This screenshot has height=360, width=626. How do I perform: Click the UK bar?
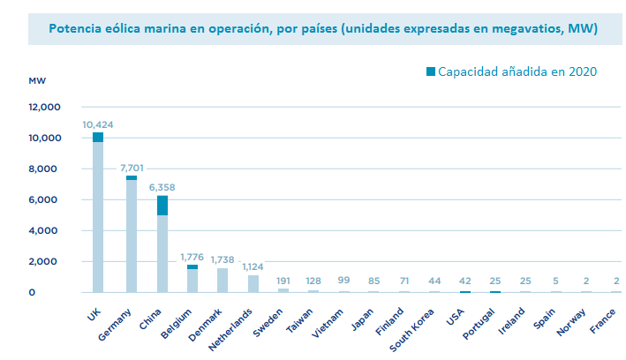[98, 216]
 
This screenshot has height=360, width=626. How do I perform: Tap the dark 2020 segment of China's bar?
[162, 205]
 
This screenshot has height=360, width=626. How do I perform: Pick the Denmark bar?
[222, 280]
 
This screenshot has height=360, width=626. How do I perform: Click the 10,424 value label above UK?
[98, 124]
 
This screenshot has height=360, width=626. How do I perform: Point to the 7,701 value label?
[131, 167]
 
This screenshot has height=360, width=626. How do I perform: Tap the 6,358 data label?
[162, 187]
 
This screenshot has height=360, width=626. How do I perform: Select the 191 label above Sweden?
[283, 280]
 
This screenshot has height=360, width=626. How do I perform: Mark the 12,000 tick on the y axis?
[44, 108]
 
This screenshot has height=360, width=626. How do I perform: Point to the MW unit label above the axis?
[37, 80]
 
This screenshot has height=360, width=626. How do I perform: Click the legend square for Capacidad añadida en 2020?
[430, 71]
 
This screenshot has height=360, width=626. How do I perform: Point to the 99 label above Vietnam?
[343, 280]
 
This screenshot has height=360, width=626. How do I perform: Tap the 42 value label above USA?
[464, 280]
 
